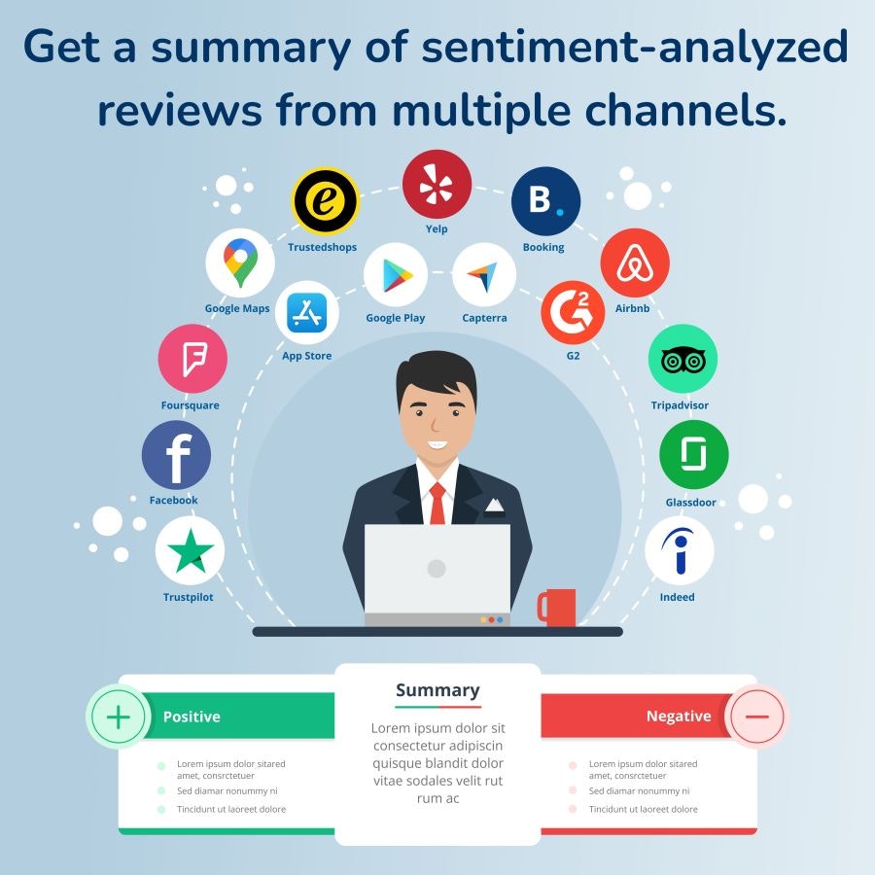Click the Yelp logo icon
point(437,185)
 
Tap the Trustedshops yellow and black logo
point(326,201)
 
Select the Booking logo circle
point(545,201)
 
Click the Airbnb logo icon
point(635,262)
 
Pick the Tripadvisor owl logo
point(682,360)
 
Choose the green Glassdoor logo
point(693,454)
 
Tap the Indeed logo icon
point(680,551)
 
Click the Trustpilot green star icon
point(190,551)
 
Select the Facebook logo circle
point(176,455)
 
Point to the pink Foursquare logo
point(192,359)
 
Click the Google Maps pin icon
point(240,262)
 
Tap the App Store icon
point(307,313)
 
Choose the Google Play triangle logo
point(396,275)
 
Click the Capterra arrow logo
point(484,275)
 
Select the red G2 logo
point(573,312)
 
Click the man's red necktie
point(437,503)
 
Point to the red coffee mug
point(558,607)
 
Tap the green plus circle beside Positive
point(118,717)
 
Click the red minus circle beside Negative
point(756,717)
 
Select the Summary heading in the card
point(437,690)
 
